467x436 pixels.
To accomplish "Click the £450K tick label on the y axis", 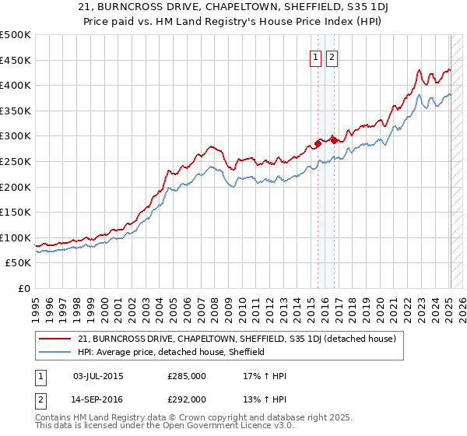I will pos(16,61).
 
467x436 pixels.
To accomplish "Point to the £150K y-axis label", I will pos(16,212).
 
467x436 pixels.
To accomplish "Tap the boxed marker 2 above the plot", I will pos(332,57).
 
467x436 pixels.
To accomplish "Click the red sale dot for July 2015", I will pos(318,144).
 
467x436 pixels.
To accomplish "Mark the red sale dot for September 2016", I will pos(334,140).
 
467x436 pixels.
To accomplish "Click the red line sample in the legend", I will pos(56,339).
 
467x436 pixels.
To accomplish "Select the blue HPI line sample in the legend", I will pos(56,352).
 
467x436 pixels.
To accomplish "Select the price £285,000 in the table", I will pos(187,376).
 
